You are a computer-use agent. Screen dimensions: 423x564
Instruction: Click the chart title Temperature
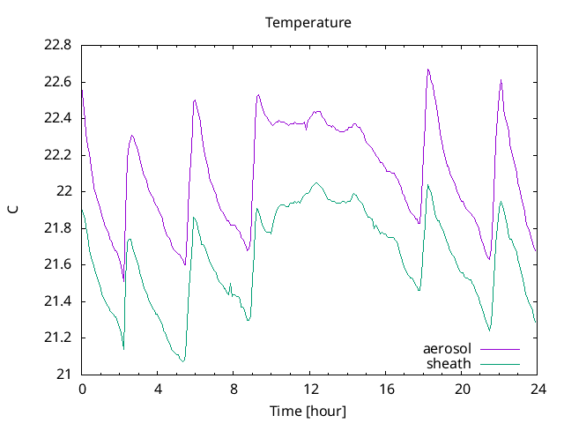[x=308, y=22]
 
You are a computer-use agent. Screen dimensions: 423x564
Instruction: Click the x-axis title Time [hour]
[x=308, y=411]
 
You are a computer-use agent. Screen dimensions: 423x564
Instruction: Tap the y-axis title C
[x=13, y=210]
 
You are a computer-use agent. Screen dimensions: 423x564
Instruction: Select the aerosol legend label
[x=448, y=349]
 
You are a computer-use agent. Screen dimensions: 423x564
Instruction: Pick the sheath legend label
[x=449, y=363]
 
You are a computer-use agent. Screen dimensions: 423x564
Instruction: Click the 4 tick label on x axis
[x=158, y=389]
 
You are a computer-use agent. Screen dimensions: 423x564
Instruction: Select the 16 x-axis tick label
[x=386, y=389]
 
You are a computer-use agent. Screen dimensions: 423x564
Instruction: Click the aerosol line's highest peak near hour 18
[x=428, y=69]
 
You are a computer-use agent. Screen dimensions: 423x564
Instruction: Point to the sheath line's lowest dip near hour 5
[x=182, y=361]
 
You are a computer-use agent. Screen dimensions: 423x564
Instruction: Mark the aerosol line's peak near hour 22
[x=501, y=79]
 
